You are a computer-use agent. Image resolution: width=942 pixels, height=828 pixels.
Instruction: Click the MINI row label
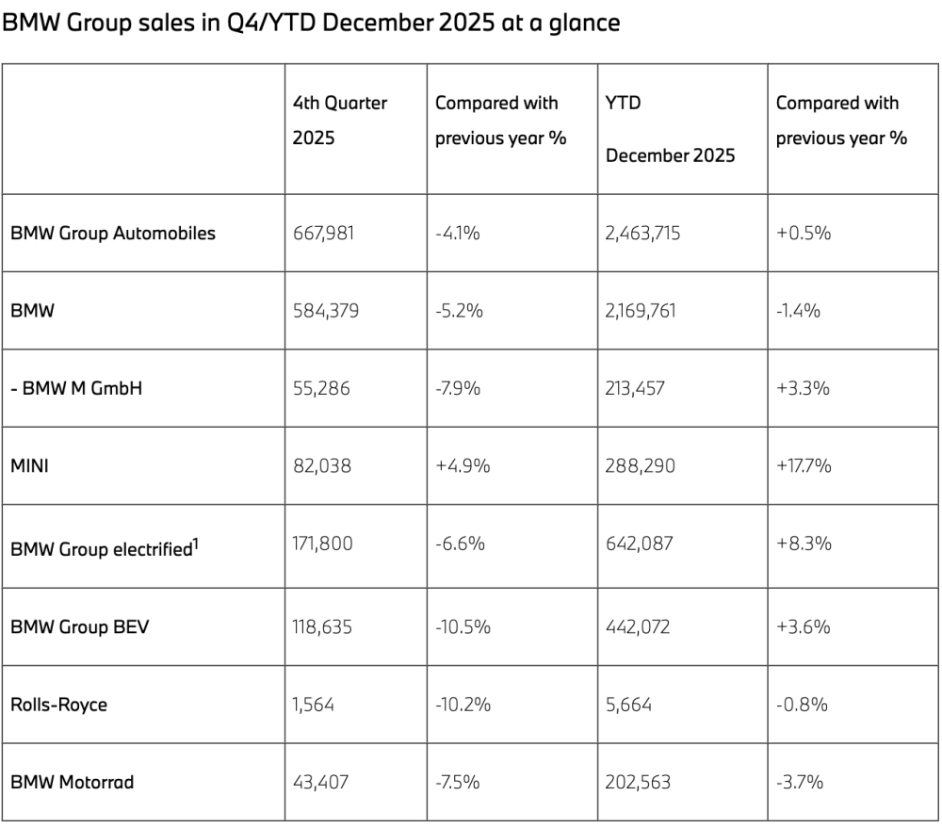click(29, 465)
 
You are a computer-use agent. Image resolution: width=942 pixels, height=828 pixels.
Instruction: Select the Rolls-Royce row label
click(58, 705)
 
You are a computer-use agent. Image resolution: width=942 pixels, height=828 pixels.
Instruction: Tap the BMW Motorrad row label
click(73, 782)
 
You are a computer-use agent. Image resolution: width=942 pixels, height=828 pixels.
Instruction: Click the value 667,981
click(323, 233)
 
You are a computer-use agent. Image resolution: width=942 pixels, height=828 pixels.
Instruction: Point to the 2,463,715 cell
click(642, 233)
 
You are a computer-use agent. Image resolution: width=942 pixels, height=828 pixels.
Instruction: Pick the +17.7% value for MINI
click(804, 465)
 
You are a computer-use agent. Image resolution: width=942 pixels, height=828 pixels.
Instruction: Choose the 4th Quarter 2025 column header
click(340, 121)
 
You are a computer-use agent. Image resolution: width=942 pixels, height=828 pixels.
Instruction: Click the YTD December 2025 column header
click(670, 129)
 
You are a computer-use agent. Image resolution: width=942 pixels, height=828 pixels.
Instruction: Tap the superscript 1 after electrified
click(195, 544)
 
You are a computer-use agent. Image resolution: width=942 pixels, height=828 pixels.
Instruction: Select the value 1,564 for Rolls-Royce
click(313, 705)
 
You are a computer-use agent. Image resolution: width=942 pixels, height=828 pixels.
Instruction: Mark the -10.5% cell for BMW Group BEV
click(463, 626)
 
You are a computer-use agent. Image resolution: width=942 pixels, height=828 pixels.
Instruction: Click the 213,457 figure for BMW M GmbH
click(635, 388)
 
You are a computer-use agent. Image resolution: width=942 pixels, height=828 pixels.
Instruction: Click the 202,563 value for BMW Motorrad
click(638, 782)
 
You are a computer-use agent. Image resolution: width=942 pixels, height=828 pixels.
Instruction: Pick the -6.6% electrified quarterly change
click(461, 544)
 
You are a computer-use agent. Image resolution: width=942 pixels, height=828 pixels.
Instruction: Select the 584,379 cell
click(326, 311)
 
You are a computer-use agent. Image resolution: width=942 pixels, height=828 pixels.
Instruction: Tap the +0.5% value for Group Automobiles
click(804, 233)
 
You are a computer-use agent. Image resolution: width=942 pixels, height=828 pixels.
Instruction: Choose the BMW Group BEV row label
click(79, 626)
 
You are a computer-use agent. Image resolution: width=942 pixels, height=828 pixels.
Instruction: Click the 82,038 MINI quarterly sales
click(322, 465)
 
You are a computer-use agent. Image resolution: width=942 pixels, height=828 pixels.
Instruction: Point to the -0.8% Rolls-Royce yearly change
click(802, 705)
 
